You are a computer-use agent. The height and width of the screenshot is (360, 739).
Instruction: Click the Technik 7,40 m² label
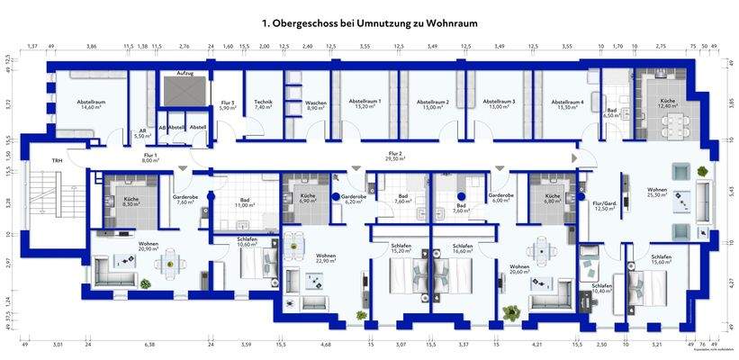pos(264,104)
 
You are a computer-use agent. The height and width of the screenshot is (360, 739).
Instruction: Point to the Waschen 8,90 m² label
pos(315,104)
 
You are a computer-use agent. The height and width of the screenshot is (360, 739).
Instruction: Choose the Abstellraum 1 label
pos(366,104)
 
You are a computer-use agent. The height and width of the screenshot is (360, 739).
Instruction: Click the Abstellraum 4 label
pos(568,104)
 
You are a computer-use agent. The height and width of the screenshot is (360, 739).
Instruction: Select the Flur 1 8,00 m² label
pos(149,157)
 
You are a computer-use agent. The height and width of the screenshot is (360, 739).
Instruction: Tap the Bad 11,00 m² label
pos(245,203)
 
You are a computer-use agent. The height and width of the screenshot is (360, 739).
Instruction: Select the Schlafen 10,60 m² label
pos(247,241)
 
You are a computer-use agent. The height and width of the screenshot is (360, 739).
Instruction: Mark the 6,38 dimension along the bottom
pos(149,344)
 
